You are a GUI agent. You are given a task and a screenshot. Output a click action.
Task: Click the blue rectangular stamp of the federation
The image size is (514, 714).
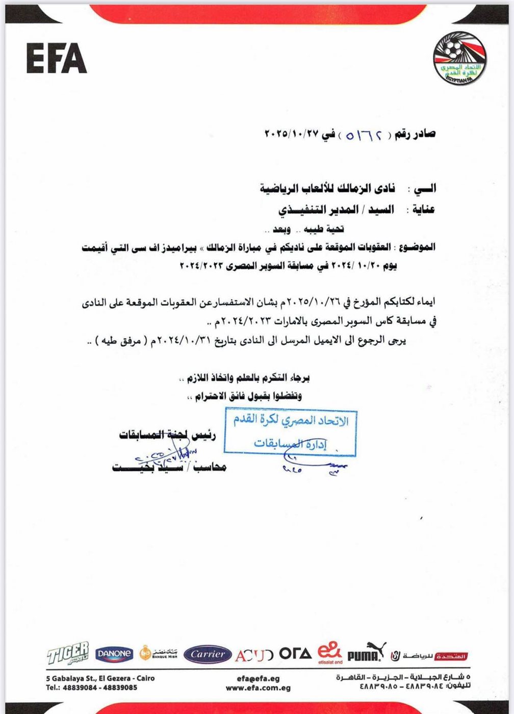(290, 432)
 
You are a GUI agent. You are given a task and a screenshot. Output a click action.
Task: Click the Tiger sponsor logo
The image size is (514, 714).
(68, 653)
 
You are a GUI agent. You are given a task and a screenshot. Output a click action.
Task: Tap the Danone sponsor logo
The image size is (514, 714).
(114, 653)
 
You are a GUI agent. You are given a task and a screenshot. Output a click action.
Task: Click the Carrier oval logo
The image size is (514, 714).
(208, 654)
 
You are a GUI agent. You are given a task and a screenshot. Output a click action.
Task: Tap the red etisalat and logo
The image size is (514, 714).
(329, 653)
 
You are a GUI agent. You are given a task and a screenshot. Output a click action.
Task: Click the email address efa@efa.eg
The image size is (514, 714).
(258, 679)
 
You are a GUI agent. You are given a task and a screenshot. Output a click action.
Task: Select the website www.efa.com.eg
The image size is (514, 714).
(258, 688)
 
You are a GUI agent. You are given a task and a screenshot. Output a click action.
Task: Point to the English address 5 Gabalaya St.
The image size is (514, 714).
(100, 679)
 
